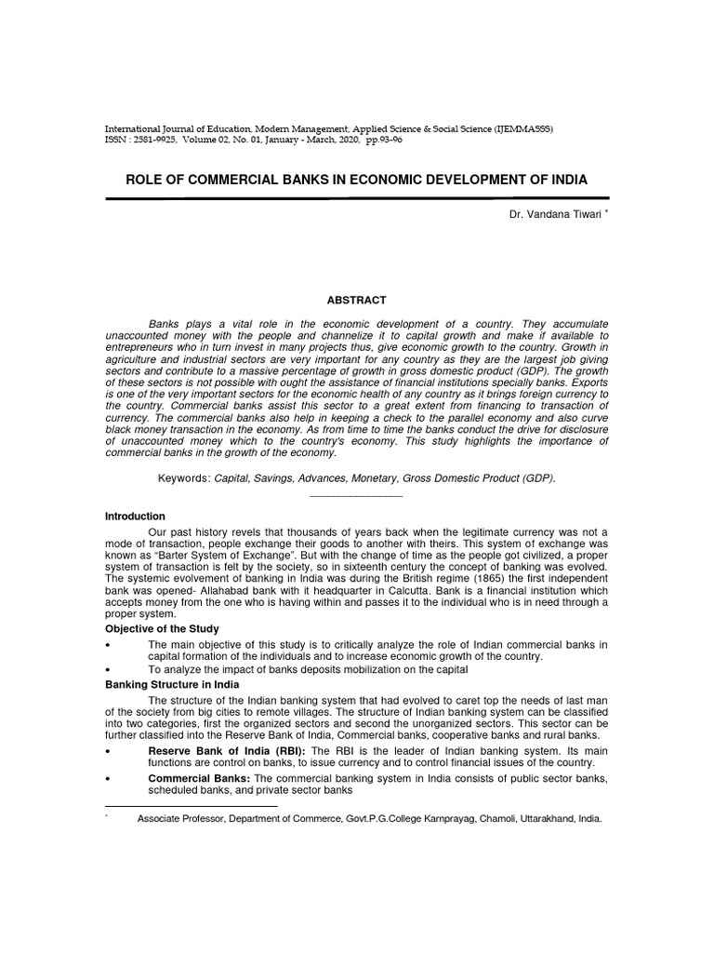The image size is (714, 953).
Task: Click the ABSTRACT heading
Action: coord(357,300)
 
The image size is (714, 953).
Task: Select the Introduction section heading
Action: coord(135,516)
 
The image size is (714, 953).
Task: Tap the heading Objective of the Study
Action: coord(162,629)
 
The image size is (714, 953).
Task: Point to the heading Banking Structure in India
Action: coord(172,684)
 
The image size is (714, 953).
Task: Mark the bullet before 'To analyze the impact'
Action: coord(109,670)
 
